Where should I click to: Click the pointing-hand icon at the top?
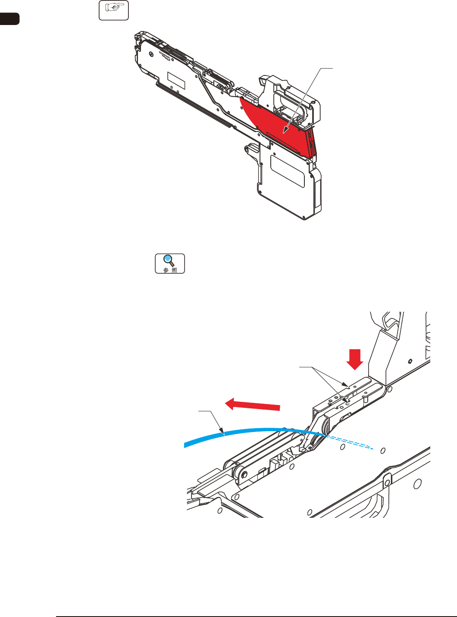pyautogui.click(x=114, y=11)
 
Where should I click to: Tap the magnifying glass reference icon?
pyautogui.click(x=170, y=263)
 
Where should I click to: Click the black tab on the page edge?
pyautogui.click(x=9, y=19)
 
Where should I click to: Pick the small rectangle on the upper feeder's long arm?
pyautogui.click(x=176, y=81)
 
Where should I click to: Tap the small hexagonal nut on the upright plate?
pyautogui.click(x=411, y=360)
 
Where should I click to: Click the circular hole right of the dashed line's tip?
pyautogui.click(x=382, y=451)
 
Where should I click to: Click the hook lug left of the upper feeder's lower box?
pyautogui.click(x=249, y=148)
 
